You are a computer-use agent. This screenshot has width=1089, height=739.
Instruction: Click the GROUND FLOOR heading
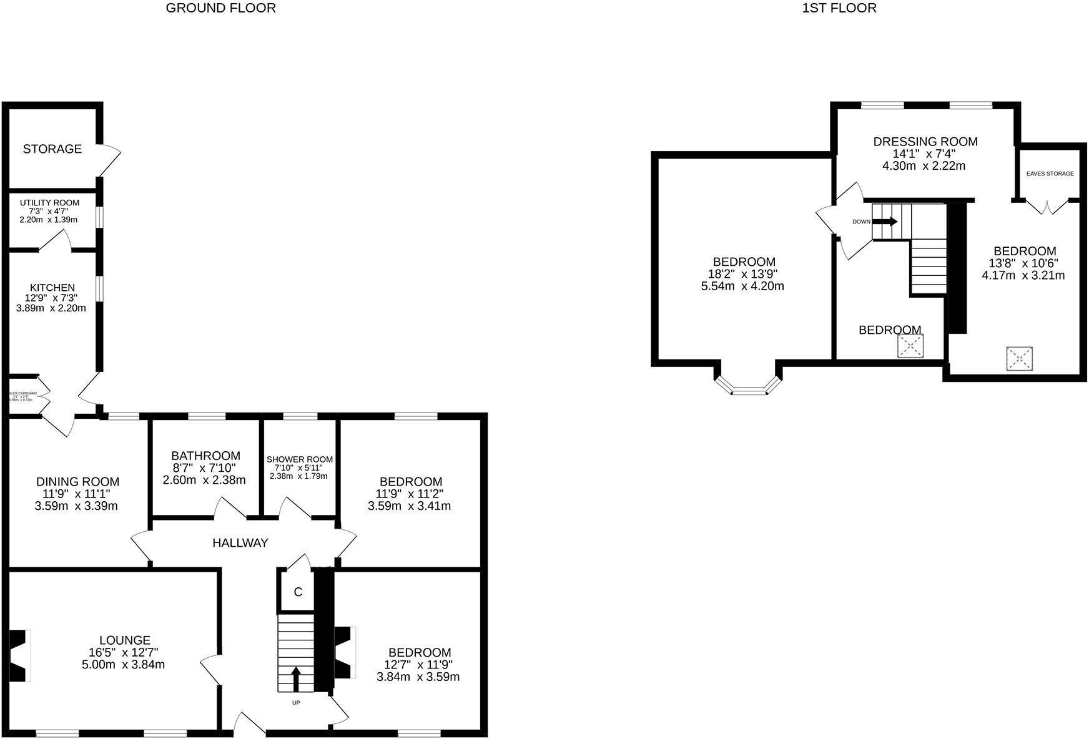click(220, 8)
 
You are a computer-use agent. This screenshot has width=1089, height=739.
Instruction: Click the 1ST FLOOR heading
click(839, 8)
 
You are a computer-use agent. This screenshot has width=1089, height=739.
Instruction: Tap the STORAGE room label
click(52, 149)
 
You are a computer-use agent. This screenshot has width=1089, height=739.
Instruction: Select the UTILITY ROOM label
click(49, 203)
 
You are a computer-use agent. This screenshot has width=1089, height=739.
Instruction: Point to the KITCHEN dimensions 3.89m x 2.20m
click(51, 308)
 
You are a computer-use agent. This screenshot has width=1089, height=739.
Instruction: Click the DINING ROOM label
click(77, 481)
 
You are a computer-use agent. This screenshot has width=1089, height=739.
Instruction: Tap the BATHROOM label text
click(205, 456)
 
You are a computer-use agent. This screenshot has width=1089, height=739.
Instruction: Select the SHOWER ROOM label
click(300, 459)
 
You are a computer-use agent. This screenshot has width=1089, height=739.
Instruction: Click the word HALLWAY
click(240, 543)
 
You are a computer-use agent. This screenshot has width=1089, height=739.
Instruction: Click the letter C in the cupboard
click(298, 592)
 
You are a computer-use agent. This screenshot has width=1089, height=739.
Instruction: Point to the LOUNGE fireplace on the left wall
click(19, 655)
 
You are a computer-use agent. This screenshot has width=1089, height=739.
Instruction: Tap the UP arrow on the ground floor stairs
click(296, 679)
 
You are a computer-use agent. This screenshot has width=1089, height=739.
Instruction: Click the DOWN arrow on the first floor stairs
click(885, 221)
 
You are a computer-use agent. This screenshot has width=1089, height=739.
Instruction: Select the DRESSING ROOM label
click(925, 142)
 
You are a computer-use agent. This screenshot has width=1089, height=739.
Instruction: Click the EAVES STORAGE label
click(1050, 174)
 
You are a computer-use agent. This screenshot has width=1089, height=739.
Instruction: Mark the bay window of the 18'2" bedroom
click(748, 386)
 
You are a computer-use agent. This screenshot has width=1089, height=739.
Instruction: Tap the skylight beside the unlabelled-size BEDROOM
click(910, 346)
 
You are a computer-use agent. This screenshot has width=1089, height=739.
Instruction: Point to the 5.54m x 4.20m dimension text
click(742, 286)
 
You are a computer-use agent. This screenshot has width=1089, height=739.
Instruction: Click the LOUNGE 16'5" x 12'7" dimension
click(124, 652)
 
